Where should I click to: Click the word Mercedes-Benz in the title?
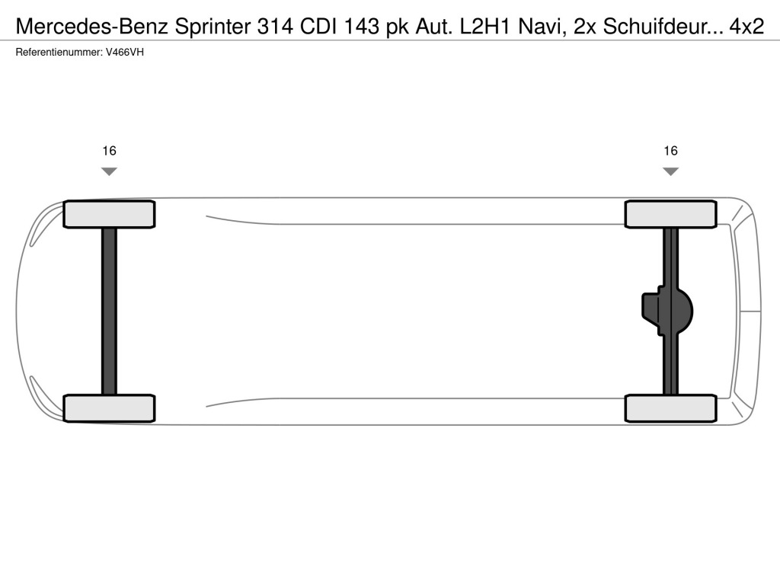(x=92, y=27)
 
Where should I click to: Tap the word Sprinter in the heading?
(x=213, y=27)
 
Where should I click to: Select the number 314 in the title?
(x=275, y=27)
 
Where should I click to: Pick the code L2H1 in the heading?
(x=485, y=27)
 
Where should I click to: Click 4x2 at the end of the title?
(x=746, y=27)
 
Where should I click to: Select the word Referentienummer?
(x=59, y=53)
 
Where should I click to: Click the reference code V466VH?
(x=125, y=53)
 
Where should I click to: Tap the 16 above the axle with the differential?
(x=670, y=151)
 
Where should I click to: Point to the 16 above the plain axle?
(x=109, y=151)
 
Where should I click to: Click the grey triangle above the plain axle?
(x=109, y=171)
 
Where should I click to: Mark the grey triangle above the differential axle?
(x=670, y=171)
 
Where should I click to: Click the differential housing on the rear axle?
(x=667, y=312)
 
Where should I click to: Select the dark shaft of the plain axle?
(x=109, y=312)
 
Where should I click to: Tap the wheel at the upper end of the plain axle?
(x=109, y=214)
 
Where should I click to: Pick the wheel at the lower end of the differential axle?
(x=670, y=408)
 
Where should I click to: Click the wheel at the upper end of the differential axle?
(x=670, y=214)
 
